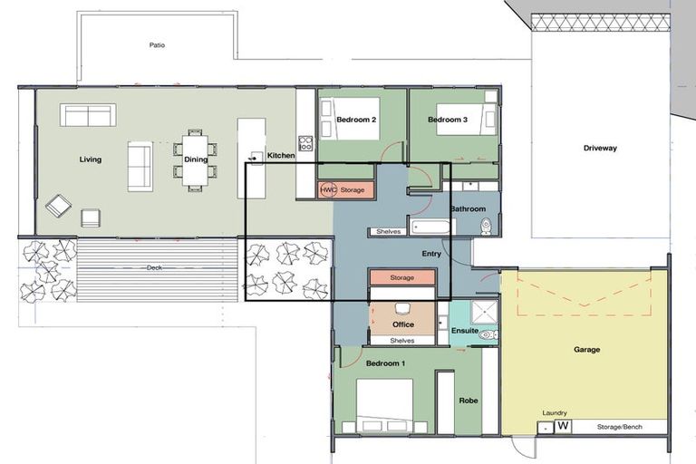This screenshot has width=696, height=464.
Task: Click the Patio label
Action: (x=157, y=44)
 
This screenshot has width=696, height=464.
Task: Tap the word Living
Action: (x=90, y=159)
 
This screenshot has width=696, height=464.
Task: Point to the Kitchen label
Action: (x=281, y=156)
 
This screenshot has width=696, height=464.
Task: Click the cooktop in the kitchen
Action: (x=305, y=143)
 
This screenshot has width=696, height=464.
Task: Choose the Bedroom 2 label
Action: (x=356, y=120)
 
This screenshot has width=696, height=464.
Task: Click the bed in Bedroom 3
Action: (x=465, y=120)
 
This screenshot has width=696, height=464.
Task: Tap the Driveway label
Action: (x=599, y=148)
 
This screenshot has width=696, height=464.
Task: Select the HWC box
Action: (x=328, y=190)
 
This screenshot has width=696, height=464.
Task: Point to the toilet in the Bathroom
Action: (x=486, y=226)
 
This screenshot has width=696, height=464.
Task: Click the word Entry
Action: (x=431, y=254)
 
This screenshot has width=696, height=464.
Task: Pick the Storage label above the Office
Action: (x=401, y=277)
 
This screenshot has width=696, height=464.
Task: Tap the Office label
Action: (x=403, y=324)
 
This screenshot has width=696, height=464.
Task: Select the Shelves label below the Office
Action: (x=401, y=341)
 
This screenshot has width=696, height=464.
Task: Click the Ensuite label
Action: (x=465, y=331)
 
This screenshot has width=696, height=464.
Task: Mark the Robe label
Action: (x=468, y=400)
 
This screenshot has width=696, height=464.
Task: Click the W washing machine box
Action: (x=562, y=426)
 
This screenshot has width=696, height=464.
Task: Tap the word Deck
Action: (x=155, y=267)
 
